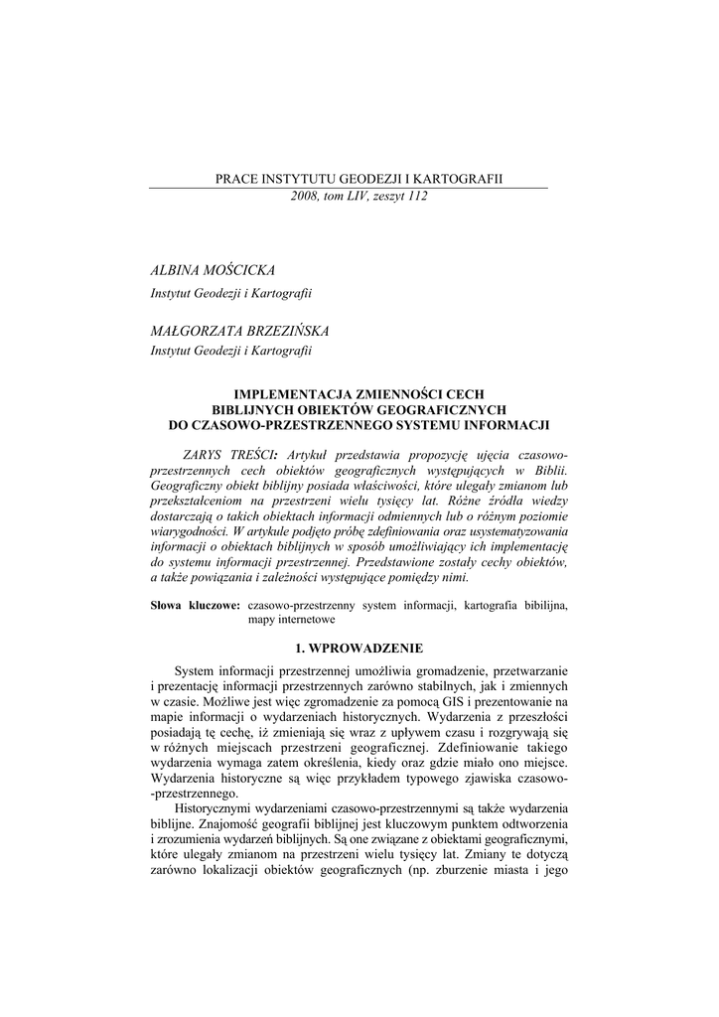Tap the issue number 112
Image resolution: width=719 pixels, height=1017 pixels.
pyautogui.click(x=414, y=197)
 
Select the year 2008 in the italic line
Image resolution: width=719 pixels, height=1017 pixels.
pyautogui.click(x=307, y=197)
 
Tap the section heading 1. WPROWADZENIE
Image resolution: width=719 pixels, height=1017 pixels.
pyautogui.click(x=359, y=648)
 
